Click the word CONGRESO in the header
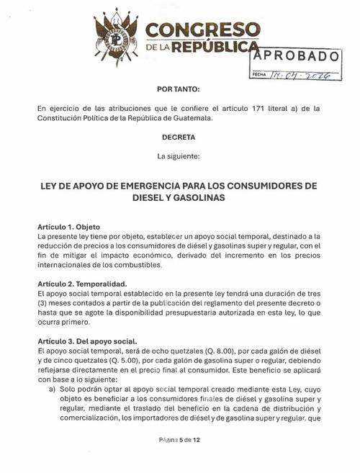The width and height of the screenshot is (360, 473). (x=204, y=30)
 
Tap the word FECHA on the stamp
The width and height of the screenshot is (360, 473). (x=258, y=74)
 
